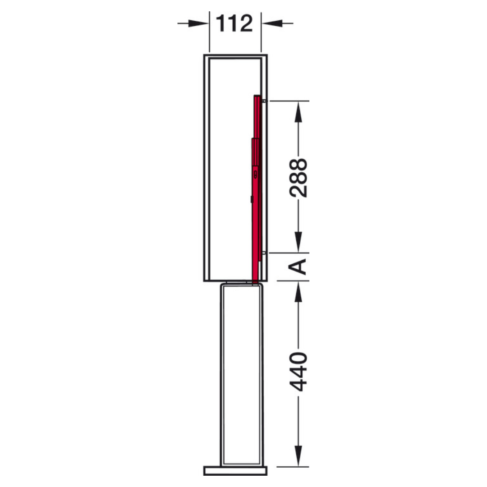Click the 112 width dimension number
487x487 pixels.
coord(234,23)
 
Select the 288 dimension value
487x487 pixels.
coord(298,178)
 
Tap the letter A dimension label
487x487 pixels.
coord(298,267)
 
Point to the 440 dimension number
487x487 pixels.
coord(298,372)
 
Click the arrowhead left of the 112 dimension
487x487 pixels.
coord(198,23)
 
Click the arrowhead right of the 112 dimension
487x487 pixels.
coord(272,23)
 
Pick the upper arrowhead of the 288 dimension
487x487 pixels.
coord(298,111)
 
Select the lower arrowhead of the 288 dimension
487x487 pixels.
coord(298,242)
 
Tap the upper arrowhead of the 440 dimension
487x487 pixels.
coord(298,292)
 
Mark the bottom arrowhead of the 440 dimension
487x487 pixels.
coord(298,455)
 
